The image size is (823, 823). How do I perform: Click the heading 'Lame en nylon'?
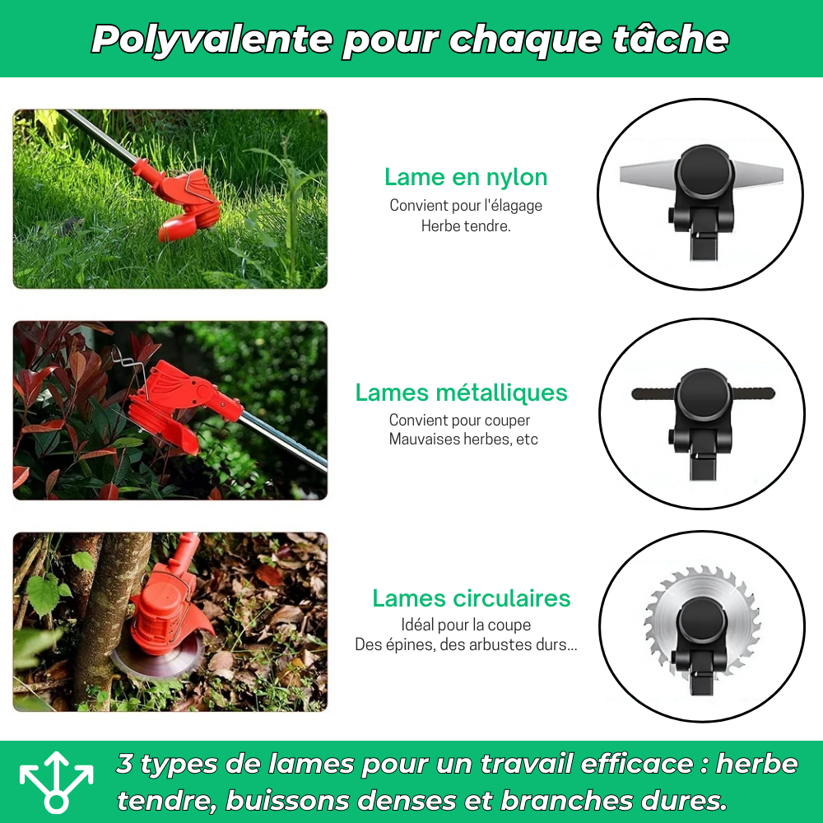point(466,177)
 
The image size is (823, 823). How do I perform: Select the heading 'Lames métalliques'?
point(461,393)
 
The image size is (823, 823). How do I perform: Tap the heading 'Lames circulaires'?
point(472,598)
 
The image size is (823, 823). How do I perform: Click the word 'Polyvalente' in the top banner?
point(212,39)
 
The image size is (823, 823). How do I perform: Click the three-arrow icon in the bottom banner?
point(57,780)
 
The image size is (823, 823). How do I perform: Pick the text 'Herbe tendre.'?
point(466,226)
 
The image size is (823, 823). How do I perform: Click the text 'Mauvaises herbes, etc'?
point(463,439)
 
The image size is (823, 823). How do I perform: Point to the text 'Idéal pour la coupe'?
point(466,625)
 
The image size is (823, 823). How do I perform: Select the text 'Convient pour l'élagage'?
point(466,205)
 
